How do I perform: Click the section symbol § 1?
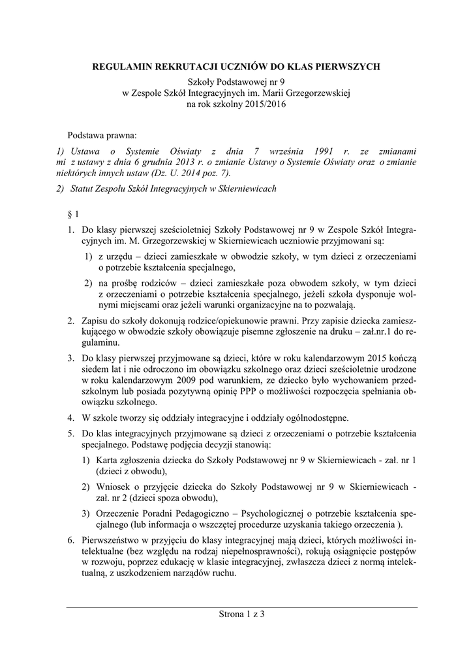tap(74, 214)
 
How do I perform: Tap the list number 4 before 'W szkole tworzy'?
tap(71, 417)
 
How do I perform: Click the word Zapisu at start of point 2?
tap(94, 321)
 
